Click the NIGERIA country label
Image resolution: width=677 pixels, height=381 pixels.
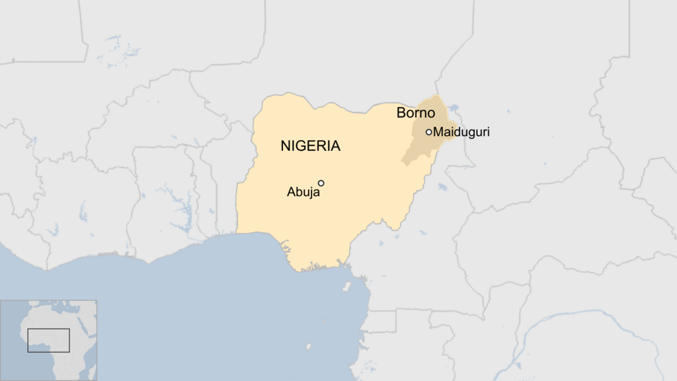pos(310,146)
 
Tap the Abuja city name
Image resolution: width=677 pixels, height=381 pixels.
pos(303,192)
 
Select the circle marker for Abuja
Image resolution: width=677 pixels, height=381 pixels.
pos(321,183)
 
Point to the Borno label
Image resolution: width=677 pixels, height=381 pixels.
pos(415,113)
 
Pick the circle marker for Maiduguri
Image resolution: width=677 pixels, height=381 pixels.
pos(428,132)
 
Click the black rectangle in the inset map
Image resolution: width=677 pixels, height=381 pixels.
pos(48,340)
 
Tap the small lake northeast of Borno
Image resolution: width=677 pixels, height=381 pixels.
pos(452,108)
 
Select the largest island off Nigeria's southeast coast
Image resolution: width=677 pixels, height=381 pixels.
pos(346,288)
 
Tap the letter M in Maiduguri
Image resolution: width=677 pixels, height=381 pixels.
pos(439,132)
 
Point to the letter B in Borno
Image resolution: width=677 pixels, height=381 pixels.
pos(401,113)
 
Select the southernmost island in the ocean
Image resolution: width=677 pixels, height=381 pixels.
pos(308,347)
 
